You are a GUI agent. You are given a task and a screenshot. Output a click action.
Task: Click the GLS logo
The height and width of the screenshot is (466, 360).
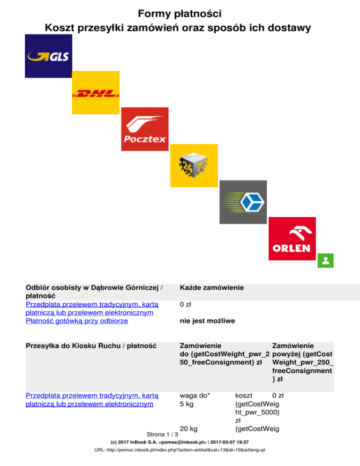pos(48,56)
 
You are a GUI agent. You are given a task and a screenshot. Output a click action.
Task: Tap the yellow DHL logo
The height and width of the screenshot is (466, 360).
pos(96,93)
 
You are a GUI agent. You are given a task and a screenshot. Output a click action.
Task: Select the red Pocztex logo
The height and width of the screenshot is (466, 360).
pos(144,129)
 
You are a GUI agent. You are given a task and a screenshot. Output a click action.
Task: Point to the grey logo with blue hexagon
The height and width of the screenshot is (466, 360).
pos(243,202)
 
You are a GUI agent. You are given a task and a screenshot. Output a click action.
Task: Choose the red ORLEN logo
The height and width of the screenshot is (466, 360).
pos(292,238)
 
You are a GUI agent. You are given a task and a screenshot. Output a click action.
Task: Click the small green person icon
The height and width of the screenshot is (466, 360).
pos(324,261)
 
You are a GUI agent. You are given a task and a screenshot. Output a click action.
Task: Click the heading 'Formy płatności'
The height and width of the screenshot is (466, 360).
pos(180,13)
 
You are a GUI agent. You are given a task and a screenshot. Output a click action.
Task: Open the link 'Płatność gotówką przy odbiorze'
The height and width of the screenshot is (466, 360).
pos(76,322)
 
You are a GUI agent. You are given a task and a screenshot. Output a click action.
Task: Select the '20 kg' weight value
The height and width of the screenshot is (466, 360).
pos(188,428)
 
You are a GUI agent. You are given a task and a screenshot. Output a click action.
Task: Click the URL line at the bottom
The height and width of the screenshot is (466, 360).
pos(180,450)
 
